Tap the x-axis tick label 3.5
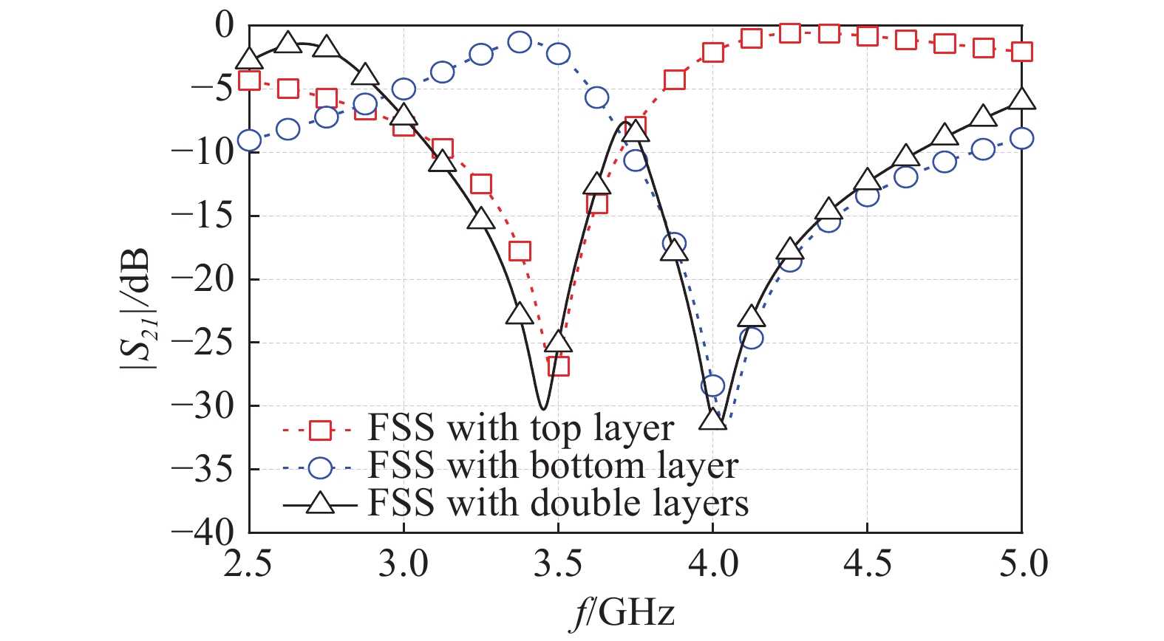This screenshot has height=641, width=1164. (558, 565)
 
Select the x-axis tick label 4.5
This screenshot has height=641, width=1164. (867, 565)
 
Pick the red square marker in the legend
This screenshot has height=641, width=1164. (320, 430)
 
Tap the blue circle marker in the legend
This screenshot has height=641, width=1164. (320, 467)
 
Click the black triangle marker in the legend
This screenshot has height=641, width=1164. (320, 504)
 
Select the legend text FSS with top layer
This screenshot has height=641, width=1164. (520, 428)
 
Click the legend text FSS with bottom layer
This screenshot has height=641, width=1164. (553, 466)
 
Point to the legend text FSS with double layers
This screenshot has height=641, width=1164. (558, 504)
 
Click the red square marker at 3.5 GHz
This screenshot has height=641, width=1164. (559, 366)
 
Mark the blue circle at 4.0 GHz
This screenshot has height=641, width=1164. (712, 385)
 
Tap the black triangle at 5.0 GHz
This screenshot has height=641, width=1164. (1022, 100)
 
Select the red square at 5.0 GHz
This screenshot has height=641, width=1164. (1022, 52)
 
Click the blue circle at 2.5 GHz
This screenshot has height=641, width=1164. (250, 140)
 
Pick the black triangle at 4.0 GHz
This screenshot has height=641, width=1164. (712, 419)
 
